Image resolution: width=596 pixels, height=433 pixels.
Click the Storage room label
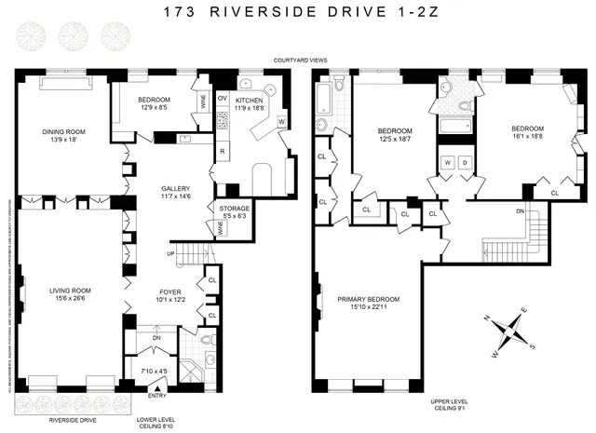(x=234, y=210)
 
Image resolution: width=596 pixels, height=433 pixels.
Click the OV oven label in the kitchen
(x=222, y=97)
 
